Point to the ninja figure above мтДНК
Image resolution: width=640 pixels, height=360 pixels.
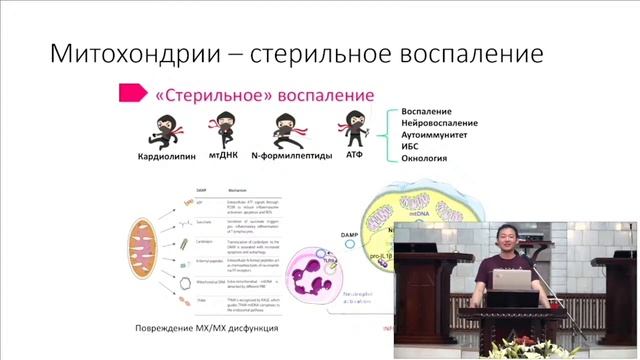222,129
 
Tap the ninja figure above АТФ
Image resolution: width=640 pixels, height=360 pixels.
351,128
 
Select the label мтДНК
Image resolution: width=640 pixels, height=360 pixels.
225,157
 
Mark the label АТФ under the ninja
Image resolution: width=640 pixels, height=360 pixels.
356,157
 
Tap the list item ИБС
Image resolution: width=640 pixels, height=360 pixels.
410,147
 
